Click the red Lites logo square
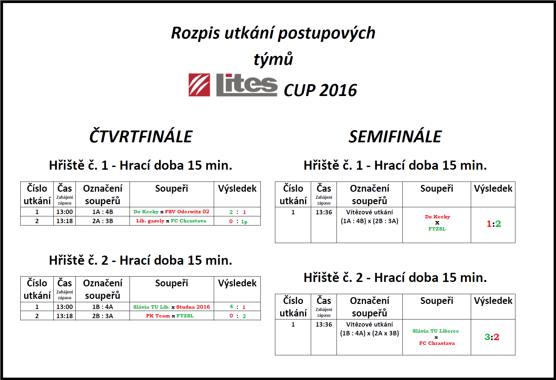199,85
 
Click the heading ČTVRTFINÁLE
141,136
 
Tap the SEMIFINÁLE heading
395,137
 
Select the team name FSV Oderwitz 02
187,212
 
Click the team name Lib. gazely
150,221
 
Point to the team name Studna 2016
193,307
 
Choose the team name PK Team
158,316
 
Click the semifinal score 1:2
494,224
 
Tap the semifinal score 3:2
492,337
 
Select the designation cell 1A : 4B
102,212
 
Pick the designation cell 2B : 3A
102,316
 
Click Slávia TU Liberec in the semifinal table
436,331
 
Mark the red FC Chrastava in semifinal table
437,343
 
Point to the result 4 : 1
237,307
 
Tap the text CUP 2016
320,90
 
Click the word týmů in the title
273,59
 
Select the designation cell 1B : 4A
102,307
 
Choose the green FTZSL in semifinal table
437,229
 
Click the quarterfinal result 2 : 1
237,212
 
